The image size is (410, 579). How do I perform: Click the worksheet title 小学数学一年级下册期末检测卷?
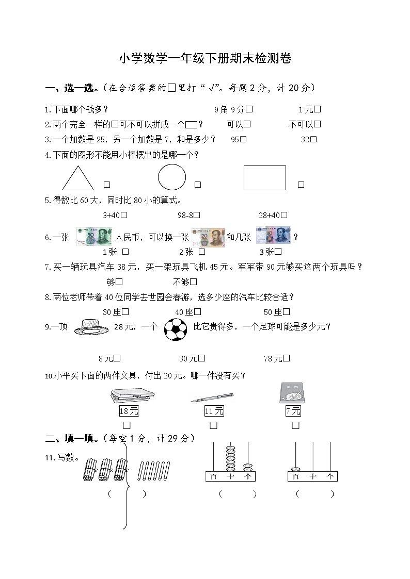click(205, 59)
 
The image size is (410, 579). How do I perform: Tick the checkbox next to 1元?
click(318, 109)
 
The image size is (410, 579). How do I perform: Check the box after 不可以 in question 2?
click(318, 124)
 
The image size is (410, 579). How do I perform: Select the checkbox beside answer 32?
click(313, 139)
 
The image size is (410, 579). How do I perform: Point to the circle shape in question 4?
click(172, 177)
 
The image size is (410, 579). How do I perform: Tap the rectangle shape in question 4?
click(265, 178)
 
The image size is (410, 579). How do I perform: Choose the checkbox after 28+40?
click(285, 216)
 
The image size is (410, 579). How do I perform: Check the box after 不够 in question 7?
click(194, 282)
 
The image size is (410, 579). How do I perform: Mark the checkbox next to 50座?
click(287, 312)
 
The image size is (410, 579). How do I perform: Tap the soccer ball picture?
click(175, 329)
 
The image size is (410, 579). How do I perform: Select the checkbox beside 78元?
click(287, 358)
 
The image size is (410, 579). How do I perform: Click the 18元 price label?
click(129, 411)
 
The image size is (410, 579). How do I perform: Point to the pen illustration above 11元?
click(211, 397)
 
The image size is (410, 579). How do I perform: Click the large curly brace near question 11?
click(126, 485)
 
